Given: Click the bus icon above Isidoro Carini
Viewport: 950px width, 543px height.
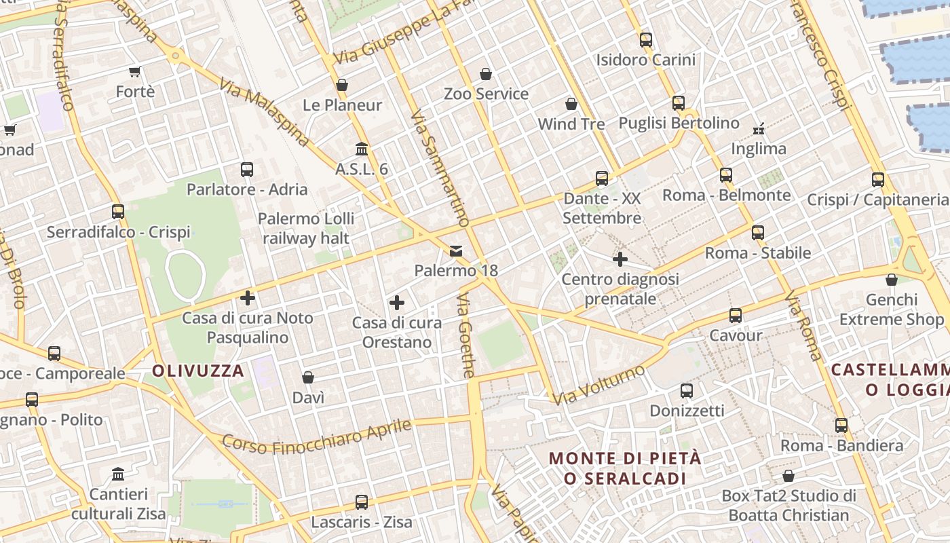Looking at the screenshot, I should point(645,39).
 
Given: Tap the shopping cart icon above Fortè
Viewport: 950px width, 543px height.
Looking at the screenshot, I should point(134,71).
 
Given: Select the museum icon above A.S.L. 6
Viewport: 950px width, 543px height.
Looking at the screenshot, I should point(362,149).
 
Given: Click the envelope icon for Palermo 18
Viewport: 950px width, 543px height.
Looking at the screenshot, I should point(456,251).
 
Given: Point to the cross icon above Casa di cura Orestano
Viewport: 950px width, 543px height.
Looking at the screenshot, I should point(397,303).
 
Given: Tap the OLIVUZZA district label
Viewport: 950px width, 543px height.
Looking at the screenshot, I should point(197,371).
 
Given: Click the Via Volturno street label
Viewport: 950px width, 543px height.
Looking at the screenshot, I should point(598,385).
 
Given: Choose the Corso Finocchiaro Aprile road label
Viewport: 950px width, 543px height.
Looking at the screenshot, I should point(317,436).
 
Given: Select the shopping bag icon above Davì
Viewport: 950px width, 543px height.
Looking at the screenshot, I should point(308,377).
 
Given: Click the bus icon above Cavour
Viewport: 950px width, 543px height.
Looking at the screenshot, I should point(736,316).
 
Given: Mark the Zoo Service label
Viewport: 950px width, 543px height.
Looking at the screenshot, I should point(486,94).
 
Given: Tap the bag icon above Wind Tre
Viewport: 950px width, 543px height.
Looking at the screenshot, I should point(571,104).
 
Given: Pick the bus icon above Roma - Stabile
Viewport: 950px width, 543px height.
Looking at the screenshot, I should point(758,233).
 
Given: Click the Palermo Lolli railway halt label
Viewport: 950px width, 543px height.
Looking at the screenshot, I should point(306,228).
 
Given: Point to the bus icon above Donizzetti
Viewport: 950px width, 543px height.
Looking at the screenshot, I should point(687,391).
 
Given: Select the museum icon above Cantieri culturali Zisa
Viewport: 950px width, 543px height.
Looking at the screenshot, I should point(118,474).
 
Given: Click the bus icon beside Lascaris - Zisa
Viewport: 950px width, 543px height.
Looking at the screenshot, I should point(362,502).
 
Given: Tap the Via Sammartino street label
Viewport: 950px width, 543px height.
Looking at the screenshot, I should point(440,168).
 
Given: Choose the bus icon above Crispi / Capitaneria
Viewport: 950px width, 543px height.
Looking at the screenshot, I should point(878,180).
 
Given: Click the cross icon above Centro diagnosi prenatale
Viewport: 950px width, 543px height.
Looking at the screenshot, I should point(620,259).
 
